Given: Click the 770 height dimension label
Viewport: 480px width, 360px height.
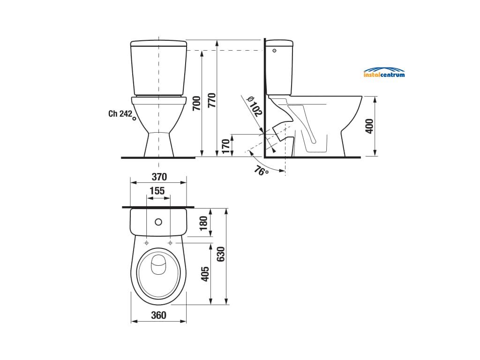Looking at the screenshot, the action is (212, 100).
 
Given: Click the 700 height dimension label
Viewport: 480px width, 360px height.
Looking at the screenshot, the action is (196, 104).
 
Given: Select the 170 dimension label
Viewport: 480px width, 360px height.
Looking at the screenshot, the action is (225, 146).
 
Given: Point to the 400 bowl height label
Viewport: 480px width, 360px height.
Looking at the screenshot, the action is (370, 126).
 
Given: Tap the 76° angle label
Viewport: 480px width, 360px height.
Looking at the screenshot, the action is (261, 171).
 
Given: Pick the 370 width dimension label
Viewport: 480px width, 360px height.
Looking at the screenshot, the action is (159, 177).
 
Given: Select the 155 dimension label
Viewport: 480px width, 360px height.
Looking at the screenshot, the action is (157, 191).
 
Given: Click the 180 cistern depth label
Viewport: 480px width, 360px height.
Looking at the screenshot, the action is (203, 223).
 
